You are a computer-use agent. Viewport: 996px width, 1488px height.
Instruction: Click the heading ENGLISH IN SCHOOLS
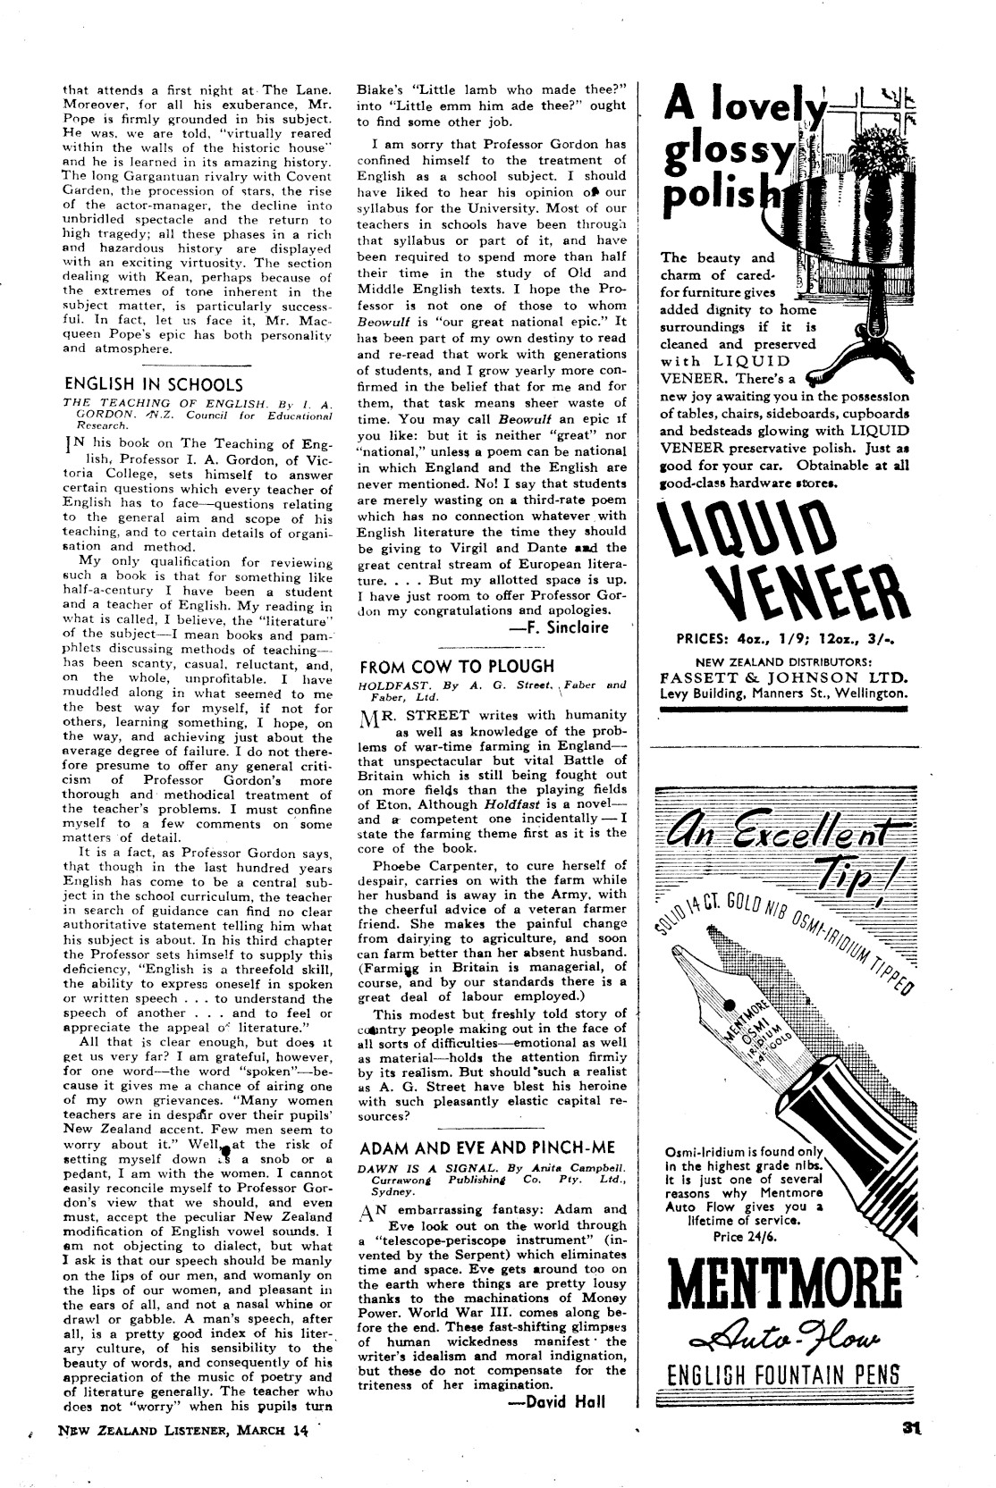point(153,384)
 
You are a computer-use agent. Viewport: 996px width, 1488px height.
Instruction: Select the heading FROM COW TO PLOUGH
point(456,666)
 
